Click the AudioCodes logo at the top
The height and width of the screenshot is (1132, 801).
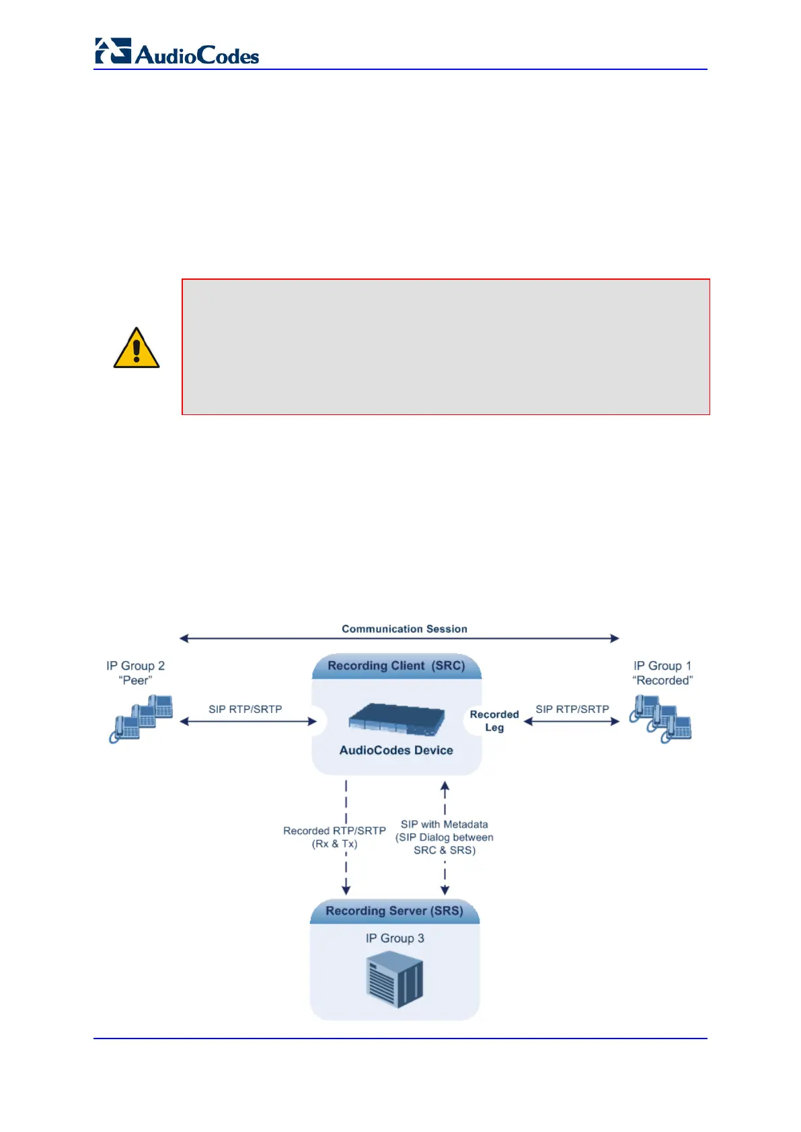(177, 52)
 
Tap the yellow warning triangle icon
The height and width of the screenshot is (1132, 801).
(137, 348)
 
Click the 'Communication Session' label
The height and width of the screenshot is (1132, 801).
(404, 629)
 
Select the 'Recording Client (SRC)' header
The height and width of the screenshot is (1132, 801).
(396, 666)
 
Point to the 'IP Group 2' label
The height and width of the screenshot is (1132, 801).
(135, 666)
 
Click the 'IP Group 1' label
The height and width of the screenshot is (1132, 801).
(662, 666)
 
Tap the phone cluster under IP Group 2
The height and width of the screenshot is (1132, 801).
(141, 718)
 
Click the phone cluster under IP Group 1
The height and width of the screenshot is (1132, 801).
(660, 718)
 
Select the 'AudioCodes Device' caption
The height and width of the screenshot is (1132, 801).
(396, 750)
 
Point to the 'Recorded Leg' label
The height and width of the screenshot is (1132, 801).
(494, 720)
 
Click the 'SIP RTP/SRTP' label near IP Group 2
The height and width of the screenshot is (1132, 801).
(245, 709)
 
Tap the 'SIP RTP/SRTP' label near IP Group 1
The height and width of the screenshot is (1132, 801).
(572, 709)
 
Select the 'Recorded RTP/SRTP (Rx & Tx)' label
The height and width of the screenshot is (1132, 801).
(334, 837)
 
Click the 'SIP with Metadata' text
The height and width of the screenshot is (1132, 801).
(445, 825)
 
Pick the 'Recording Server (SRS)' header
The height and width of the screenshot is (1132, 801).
(394, 911)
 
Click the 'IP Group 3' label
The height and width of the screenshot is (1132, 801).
(395, 938)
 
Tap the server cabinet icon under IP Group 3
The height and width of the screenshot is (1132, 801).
(395, 982)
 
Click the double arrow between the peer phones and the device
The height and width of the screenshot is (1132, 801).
(247, 722)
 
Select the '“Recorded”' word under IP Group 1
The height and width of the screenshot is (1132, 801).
(662, 681)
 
